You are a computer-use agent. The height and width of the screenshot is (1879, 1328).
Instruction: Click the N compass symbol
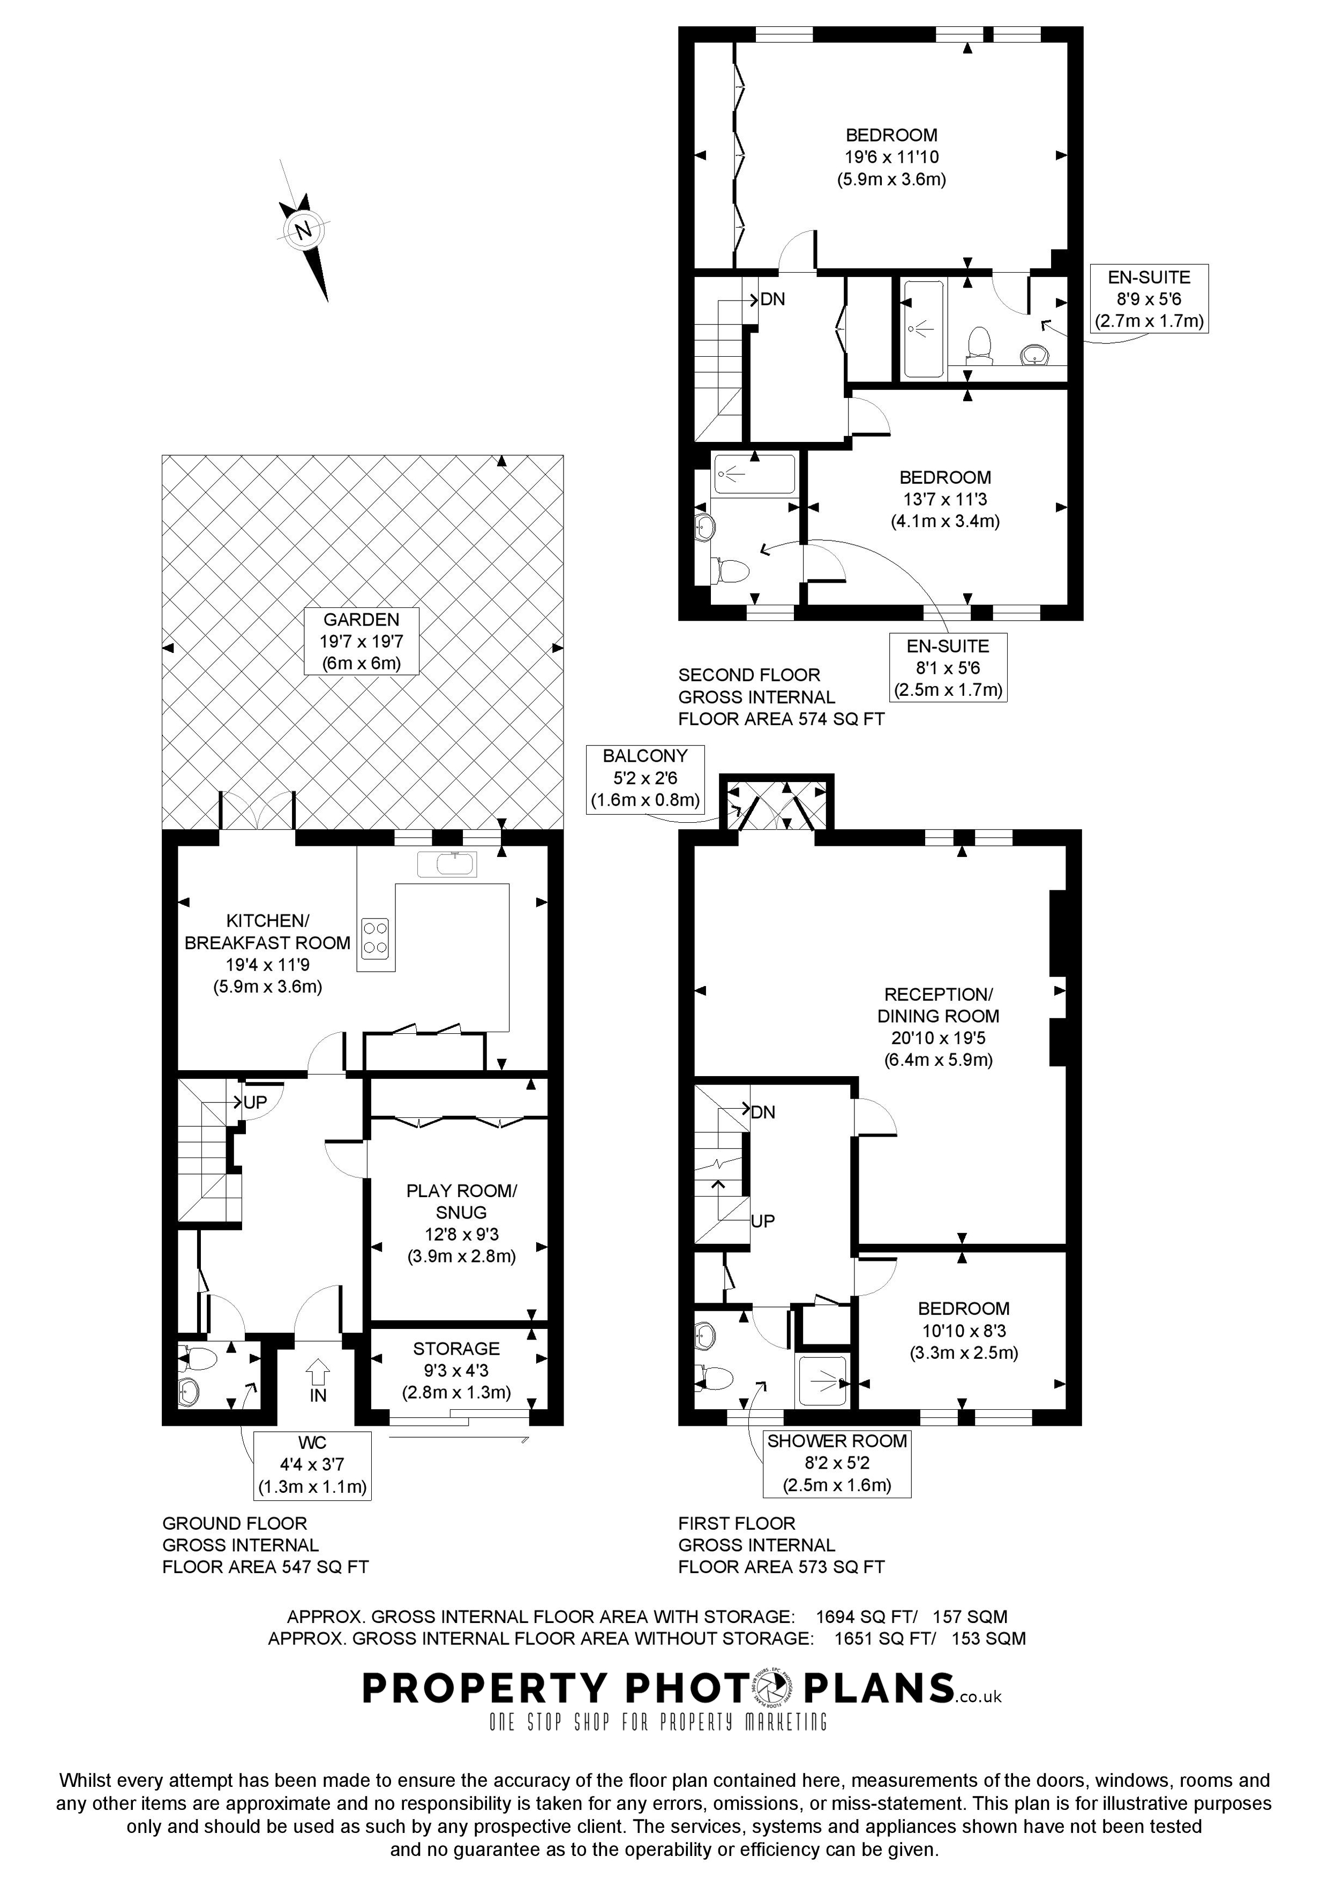(304, 230)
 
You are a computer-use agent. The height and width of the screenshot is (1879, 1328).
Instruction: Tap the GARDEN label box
(361, 641)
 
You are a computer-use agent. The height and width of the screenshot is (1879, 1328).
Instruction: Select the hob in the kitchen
(376, 937)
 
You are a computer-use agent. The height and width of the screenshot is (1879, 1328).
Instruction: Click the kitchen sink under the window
(446, 863)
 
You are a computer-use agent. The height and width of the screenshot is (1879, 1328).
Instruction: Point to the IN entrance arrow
(318, 1369)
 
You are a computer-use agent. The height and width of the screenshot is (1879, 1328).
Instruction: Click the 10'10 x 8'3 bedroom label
(963, 1330)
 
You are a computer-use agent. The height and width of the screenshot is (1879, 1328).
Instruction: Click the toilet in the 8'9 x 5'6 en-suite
(979, 345)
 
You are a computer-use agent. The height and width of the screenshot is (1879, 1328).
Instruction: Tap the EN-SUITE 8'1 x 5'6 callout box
(948, 668)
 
